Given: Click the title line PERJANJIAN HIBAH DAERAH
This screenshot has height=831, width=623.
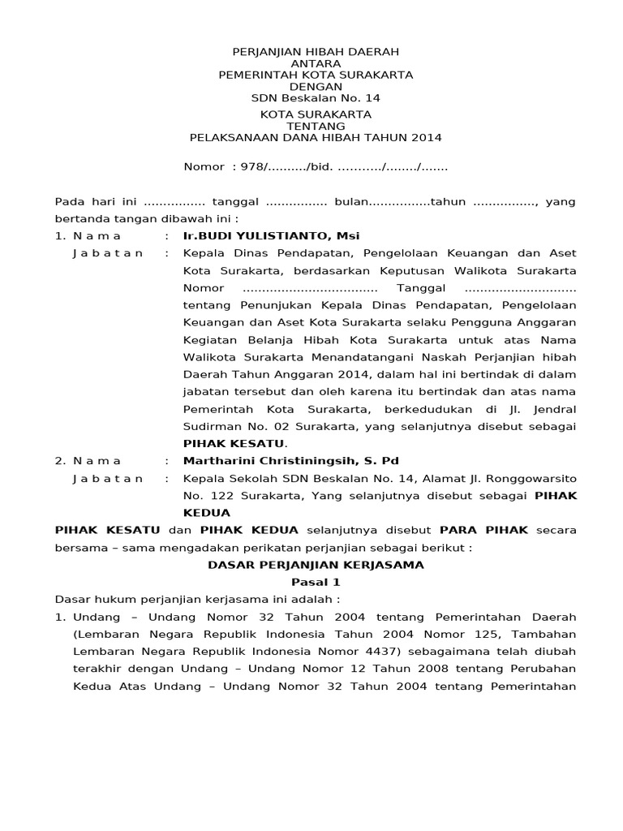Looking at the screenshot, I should pos(316,52).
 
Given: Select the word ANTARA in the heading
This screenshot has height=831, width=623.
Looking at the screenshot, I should pos(316,63).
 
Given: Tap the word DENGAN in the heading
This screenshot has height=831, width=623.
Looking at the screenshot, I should pos(316,86).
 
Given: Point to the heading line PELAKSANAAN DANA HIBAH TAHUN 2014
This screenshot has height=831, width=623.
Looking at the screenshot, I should pos(316,138).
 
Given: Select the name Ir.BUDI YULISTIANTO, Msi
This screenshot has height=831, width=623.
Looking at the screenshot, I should pos(272,235).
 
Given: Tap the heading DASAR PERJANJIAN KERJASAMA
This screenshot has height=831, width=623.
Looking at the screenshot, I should pos(316,564).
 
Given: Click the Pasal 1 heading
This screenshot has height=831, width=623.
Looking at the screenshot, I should pos(316,582).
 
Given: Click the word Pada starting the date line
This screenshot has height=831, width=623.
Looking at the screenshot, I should pos(68,201).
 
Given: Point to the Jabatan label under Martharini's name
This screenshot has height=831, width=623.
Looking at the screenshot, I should pos(108,478).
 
